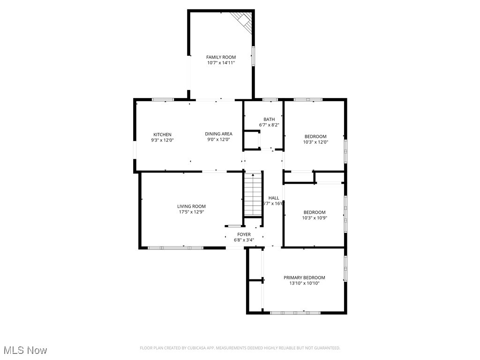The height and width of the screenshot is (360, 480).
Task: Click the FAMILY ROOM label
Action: pos(221,57)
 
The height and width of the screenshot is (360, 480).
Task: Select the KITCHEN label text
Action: pos(162,135)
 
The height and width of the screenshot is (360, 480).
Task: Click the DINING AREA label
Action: pos(219,134)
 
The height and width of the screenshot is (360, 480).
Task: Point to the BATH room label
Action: pos(269,120)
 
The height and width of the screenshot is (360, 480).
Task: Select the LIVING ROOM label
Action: pos(191,206)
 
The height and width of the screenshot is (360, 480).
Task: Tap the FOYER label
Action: pos(244,234)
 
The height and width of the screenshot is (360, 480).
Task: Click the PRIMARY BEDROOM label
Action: pos(304,277)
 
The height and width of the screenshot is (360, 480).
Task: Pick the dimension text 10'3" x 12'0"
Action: pos(315,142)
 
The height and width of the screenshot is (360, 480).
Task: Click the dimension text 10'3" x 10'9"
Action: pos(314,217)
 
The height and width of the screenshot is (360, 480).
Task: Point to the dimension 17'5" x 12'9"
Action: pos(191,212)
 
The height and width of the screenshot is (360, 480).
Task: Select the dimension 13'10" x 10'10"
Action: pos(304,283)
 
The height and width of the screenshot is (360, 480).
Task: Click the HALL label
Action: pos(274,198)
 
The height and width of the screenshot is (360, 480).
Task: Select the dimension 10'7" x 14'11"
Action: pos(221,62)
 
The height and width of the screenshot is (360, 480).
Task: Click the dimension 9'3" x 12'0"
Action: pos(162,140)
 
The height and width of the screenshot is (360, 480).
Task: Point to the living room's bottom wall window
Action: pos(176,247)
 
